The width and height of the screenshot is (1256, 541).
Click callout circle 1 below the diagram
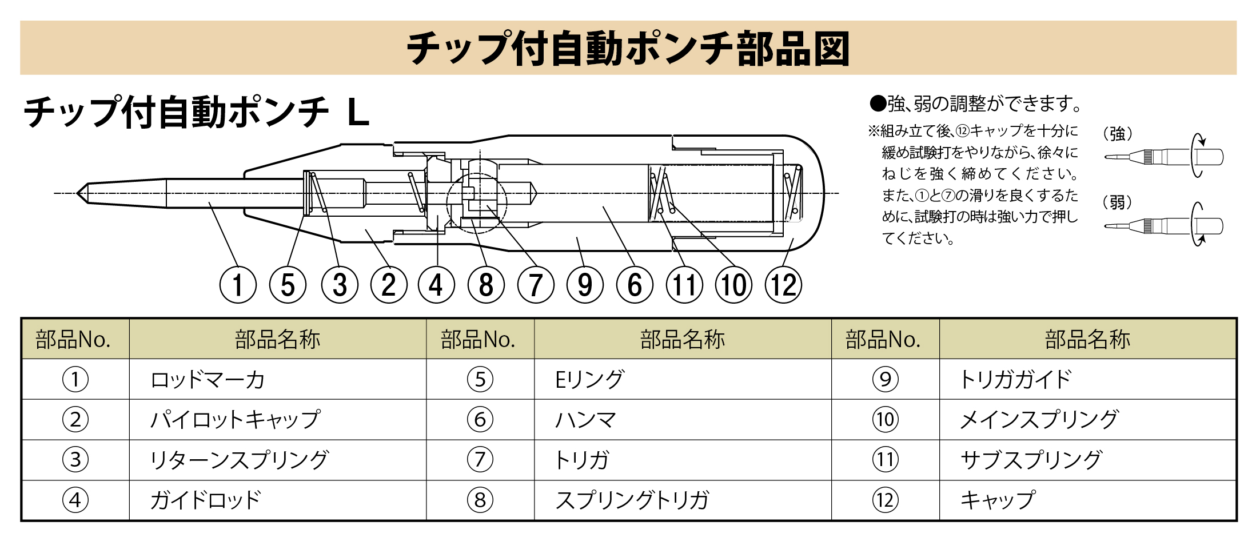point(238,285)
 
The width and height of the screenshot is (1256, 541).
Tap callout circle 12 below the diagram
point(783,285)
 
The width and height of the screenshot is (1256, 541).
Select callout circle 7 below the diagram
point(536,285)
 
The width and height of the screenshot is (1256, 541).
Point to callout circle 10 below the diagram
point(734,285)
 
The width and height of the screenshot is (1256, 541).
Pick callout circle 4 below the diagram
point(436,285)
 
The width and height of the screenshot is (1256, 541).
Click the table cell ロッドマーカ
point(208,380)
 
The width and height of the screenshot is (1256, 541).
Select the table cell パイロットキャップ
point(235,420)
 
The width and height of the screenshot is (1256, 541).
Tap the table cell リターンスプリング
point(239,460)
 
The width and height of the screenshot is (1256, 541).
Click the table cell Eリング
point(589,380)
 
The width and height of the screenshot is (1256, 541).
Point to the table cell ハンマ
point(586,420)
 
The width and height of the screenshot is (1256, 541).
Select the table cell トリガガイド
point(1015,380)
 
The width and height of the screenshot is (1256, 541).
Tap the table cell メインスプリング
point(1039,420)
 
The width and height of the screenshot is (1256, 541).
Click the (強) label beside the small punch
point(1118,134)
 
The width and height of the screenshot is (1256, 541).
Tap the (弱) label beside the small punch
point(1118,202)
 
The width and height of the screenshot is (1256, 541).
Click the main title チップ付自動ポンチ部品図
point(628,49)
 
